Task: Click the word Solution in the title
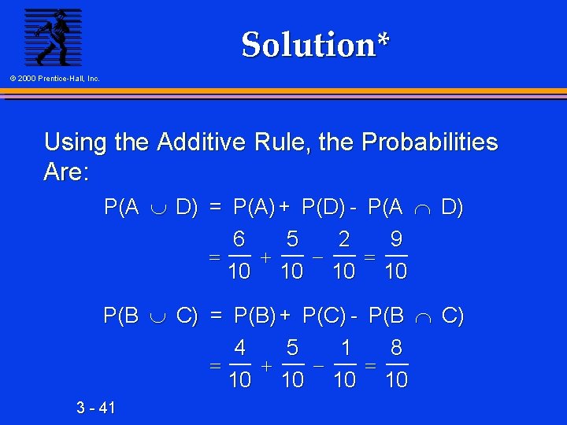(x=309, y=45)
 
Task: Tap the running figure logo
(x=53, y=37)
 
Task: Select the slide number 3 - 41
(x=96, y=408)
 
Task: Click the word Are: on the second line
(x=66, y=172)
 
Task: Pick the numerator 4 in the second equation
(x=239, y=348)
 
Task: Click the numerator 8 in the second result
(x=396, y=348)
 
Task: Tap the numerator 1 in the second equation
(x=344, y=348)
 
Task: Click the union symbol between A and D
(x=157, y=209)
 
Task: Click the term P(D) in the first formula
(x=323, y=208)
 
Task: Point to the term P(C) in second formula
(x=324, y=316)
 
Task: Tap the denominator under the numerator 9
(x=396, y=272)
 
